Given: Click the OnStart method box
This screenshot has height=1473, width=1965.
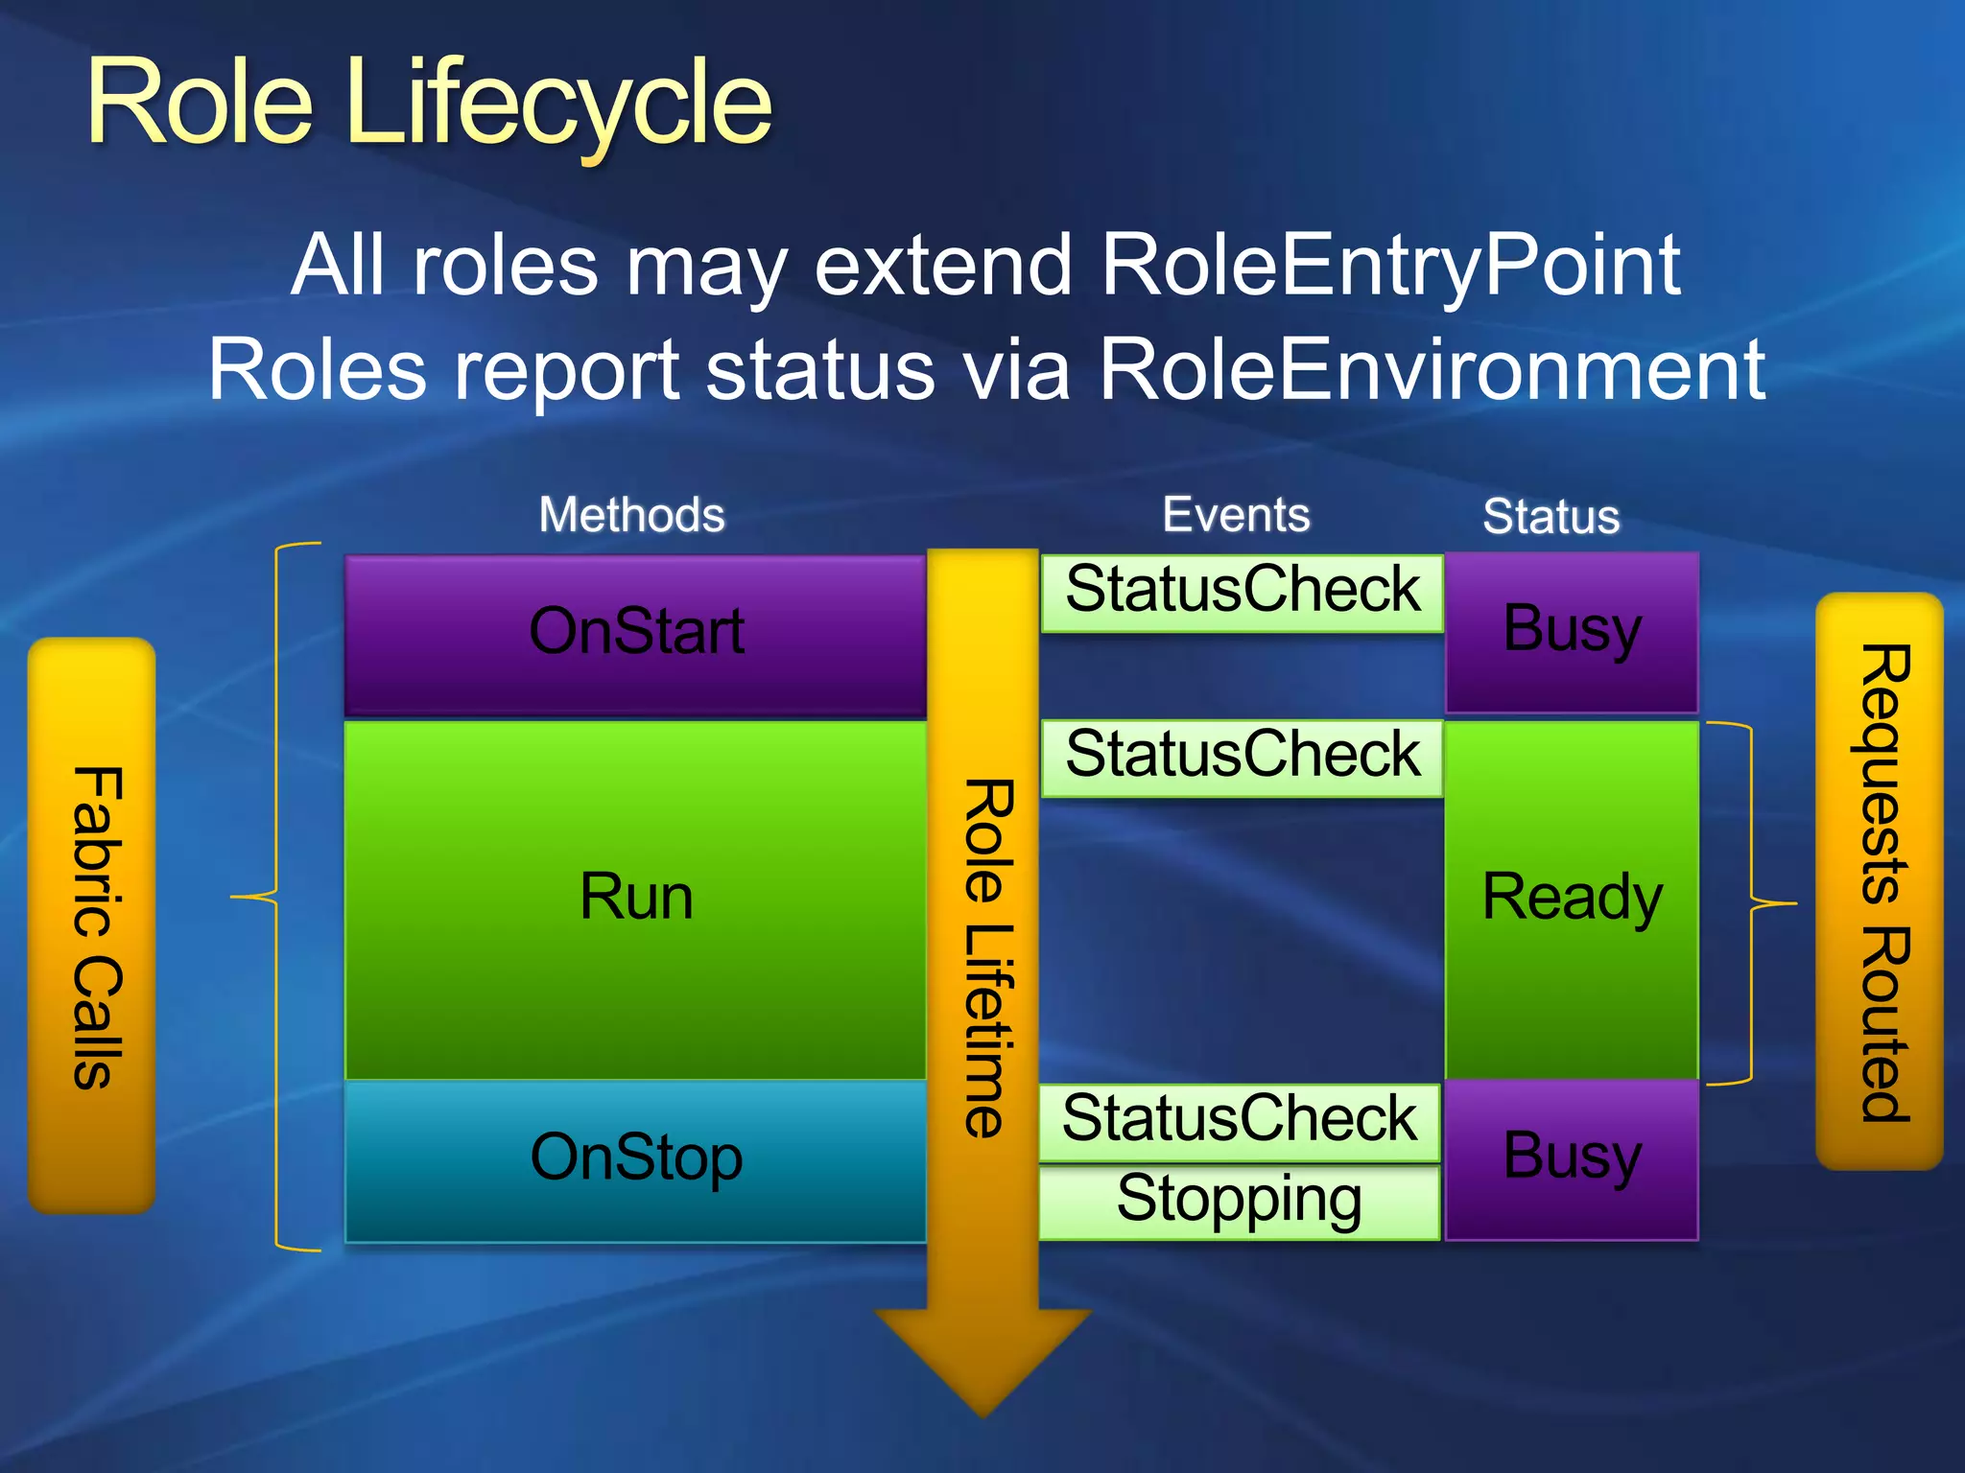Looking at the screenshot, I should pyautogui.click(x=635, y=635).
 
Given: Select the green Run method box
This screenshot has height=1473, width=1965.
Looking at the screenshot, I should pyautogui.click(x=635, y=900).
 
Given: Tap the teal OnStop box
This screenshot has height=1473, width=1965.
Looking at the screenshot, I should pyautogui.click(x=635, y=1160).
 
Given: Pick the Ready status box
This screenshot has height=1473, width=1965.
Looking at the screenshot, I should pyautogui.click(x=1572, y=900).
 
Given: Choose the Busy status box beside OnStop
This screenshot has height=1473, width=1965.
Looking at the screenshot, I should pyautogui.click(x=1572, y=1158).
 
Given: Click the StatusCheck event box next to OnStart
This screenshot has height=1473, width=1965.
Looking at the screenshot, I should pyautogui.click(x=1242, y=592).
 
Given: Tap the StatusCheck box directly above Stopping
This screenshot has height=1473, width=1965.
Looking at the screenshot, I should pyautogui.click(x=1240, y=1121).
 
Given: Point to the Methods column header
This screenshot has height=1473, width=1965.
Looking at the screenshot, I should pyautogui.click(x=631, y=515).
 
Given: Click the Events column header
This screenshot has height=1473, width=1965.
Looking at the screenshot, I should pyautogui.click(x=1236, y=515).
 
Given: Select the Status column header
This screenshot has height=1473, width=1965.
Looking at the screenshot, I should pyautogui.click(x=1551, y=517).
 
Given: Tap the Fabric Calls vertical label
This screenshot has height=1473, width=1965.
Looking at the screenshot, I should pyautogui.click(x=94, y=925).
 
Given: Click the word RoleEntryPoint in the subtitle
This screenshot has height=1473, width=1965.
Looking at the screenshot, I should pyautogui.click(x=1389, y=266).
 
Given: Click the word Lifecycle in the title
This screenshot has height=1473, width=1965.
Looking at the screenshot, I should pyautogui.click(x=560, y=104).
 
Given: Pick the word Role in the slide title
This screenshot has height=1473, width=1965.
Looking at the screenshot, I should pyautogui.click(x=200, y=104).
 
